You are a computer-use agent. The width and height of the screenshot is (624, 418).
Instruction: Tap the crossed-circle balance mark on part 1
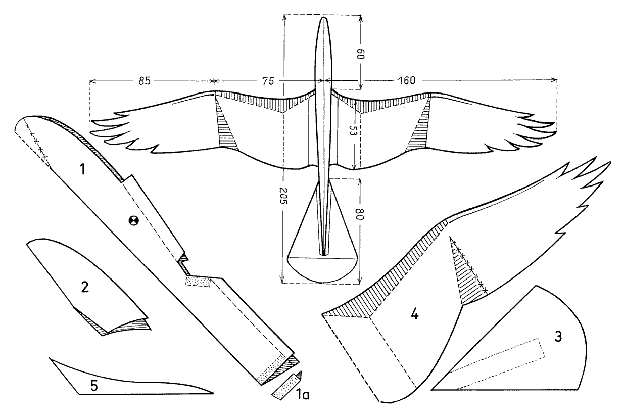tap(133, 220)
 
